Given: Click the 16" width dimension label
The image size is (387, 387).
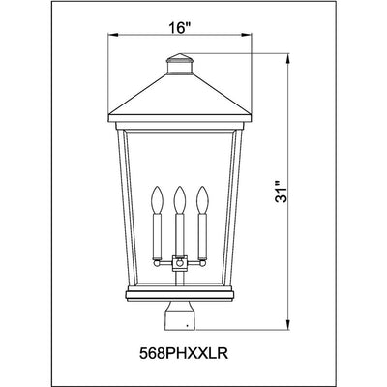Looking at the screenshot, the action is pyautogui.click(x=178, y=28).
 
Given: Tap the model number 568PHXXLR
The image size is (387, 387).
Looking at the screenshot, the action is pyautogui.click(x=184, y=353).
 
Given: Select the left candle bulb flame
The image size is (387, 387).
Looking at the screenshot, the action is pyautogui.click(x=157, y=199).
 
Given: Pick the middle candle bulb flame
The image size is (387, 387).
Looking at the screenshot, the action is pyautogui.click(x=180, y=199).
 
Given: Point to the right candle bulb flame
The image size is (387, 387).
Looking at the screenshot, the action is pyautogui.click(x=202, y=199).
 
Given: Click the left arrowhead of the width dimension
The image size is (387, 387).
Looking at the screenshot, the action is pyautogui.click(x=113, y=35).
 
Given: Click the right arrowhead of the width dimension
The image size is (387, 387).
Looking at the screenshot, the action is pyautogui.click(x=246, y=35).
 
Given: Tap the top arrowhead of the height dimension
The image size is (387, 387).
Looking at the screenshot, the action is pyautogui.click(x=288, y=59).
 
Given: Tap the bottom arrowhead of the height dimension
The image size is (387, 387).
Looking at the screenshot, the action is pyautogui.click(x=288, y=325).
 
